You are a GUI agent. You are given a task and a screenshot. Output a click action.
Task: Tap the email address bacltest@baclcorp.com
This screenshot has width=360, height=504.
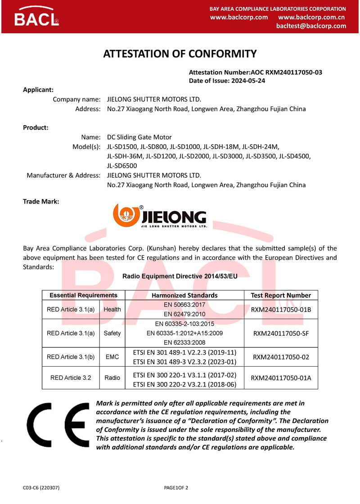(311, 26)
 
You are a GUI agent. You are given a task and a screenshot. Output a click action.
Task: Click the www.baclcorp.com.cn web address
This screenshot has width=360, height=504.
(311, 17)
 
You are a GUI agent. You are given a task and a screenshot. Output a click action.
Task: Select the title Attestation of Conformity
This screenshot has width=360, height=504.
(180, 54)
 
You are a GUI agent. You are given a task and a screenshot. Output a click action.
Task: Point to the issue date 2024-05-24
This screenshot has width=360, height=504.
(248, 81)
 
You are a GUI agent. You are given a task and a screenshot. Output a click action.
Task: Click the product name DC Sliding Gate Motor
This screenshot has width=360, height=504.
(139, 137)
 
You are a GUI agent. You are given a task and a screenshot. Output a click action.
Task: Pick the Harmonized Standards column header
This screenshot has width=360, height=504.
(185, 295)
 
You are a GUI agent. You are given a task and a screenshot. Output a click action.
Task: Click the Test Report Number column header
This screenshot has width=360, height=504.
(281, 295)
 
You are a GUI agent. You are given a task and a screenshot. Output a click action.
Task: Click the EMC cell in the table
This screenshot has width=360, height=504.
(112, 357)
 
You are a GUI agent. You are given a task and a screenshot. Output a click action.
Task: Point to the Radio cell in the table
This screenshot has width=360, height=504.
(112, 378)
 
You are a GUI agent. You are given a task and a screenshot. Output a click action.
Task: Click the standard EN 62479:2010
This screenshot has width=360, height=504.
(184, 314)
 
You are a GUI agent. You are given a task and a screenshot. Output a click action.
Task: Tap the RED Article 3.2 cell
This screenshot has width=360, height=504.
(71, 378)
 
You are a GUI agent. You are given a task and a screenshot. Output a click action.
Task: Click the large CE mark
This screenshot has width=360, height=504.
(58, 425)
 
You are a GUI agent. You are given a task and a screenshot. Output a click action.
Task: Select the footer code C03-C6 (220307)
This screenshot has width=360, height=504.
(41, 488)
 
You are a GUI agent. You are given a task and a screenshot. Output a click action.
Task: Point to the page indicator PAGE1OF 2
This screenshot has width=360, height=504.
(176, 488)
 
